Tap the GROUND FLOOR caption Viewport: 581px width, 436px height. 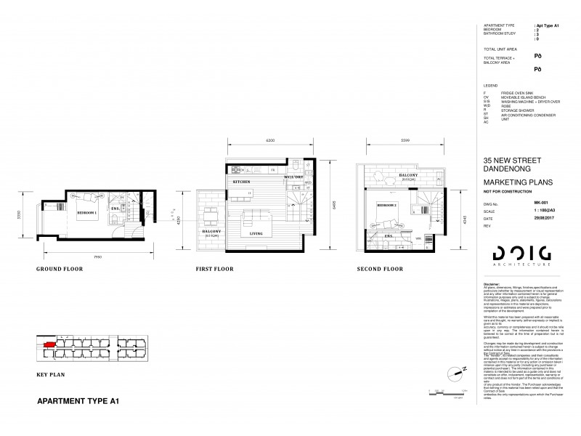pyautogui.click(x=59, y=269)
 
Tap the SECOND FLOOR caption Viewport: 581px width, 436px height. pyautogui.click(x=379, y=269)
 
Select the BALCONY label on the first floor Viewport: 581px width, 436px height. pyautogui.click(x=211, y=232)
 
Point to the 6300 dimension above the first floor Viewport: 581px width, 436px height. pyautogui.click(x=268, y=140)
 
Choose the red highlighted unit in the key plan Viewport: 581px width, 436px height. pyautogui.click(x=49, y=345)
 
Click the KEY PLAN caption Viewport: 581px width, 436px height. pyautogui.click(x=51, y=376)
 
